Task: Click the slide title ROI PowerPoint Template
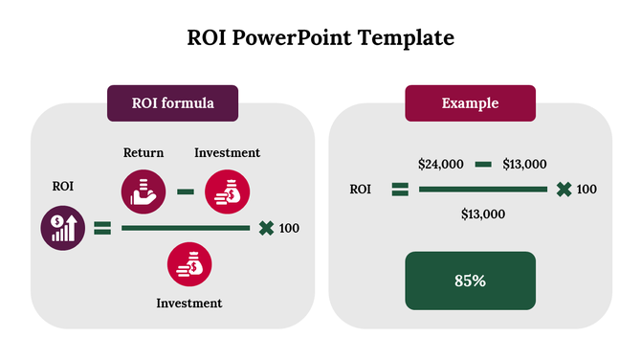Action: coord(320,38)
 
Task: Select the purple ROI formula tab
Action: coord(172,102)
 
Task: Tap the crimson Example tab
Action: coord(470,102)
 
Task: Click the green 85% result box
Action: coord(470,281)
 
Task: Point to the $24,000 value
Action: coord(440,164)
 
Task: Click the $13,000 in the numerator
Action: coord(524,164)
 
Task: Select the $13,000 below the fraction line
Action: coord(483,214)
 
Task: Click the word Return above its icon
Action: coord(144,152)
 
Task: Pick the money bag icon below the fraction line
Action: coord(189,265)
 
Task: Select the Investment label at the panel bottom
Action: coord(189,303)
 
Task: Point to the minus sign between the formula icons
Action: coord(186,191)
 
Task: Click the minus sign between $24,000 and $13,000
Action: coord(483,164)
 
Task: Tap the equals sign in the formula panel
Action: coord(102,228)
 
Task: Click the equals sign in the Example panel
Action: coord(400,189)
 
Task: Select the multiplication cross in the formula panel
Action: coord(266,228)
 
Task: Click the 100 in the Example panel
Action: coord(586,189)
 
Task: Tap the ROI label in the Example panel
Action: coord(360,189)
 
